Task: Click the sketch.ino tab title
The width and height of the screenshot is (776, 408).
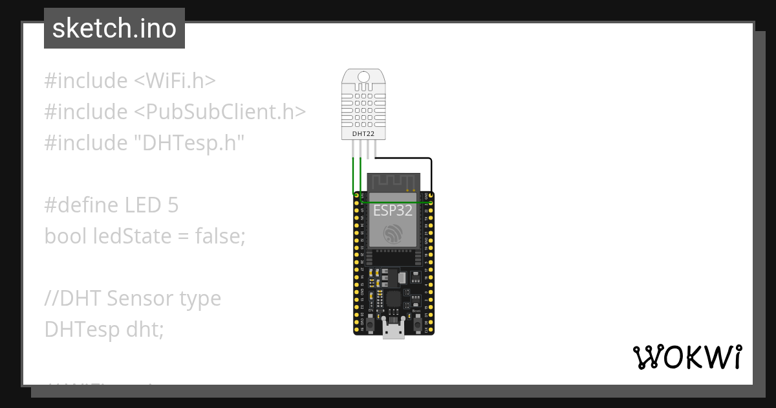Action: tap(114, 28)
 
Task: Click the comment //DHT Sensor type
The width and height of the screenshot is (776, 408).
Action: tap(133, 299)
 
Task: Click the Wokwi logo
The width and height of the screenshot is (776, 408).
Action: tap(687, 357)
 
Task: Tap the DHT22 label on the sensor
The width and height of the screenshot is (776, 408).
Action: tap(363, 134)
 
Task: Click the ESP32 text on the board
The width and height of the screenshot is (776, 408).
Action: tap(393, 210)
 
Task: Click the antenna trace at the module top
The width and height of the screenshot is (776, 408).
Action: tap(393, 182)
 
